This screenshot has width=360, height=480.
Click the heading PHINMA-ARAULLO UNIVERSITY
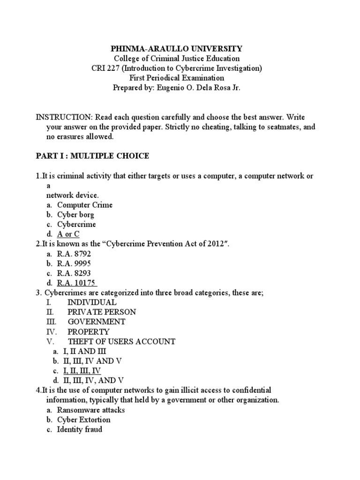[176, 49]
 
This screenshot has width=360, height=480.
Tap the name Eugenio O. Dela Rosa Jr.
[203, 88]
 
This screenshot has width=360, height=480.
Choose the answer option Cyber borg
[75, 215]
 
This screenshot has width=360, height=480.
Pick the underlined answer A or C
[68, 234]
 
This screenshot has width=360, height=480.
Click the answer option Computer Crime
[85, 205]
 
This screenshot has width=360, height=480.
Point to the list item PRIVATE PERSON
[102, 312]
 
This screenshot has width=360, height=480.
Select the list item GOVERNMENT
[96, 322]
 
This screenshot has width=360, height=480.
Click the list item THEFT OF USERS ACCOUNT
[121, 342]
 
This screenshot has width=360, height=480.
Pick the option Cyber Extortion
[84, 420]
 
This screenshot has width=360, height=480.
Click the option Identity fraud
[79, 429]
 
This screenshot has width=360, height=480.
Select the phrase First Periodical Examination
[176, 78]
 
